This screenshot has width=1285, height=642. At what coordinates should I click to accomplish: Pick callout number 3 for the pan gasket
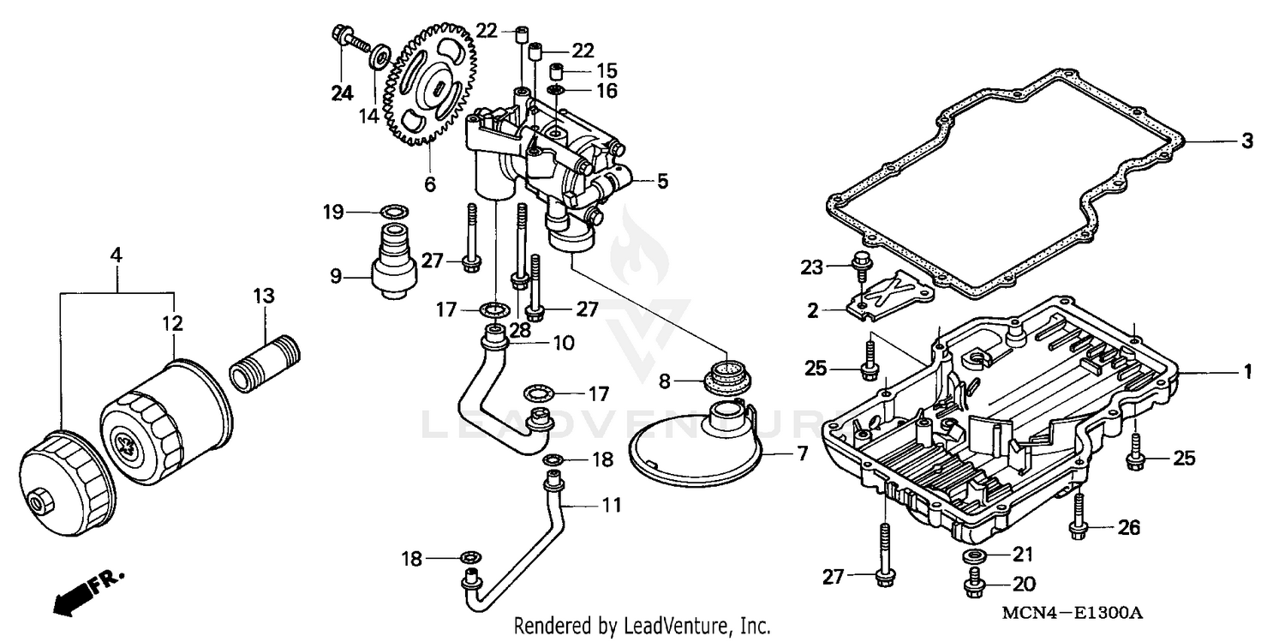tap(1247, 141)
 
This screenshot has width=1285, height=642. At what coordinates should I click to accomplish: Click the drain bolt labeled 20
tap(973, 586)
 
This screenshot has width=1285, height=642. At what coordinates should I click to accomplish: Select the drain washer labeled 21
tap(973, 556)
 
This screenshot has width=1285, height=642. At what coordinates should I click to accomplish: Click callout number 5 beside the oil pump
tap(662, 181)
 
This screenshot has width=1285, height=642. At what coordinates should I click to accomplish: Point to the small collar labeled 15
tap(556, 69)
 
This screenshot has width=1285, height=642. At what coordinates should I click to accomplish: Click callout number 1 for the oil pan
tap(1248, 372)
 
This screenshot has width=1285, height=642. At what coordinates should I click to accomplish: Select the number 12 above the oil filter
tap(174, 323)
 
